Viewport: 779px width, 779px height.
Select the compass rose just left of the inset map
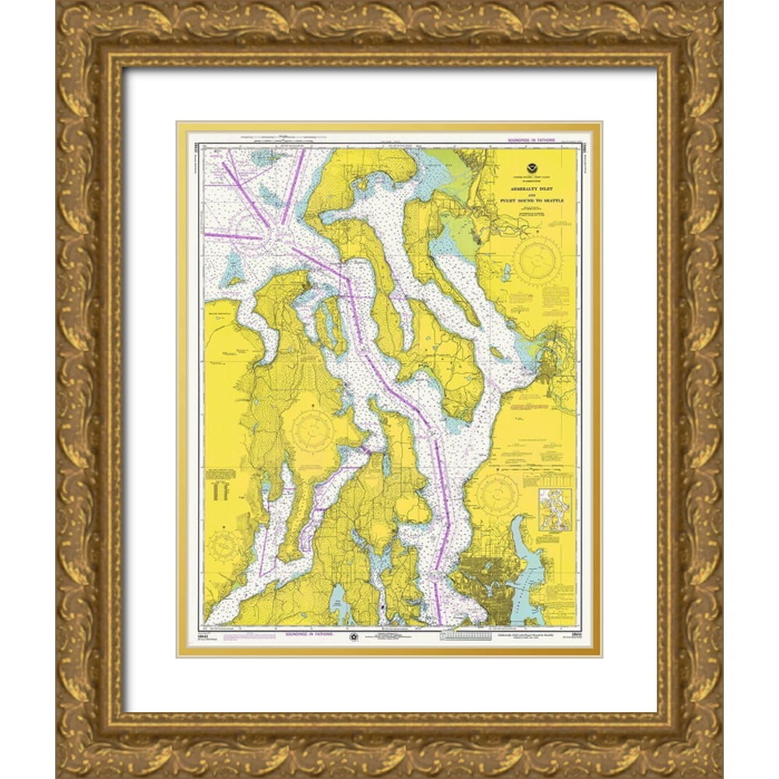click(498, 493)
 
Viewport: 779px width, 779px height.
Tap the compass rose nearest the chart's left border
click(223, 544)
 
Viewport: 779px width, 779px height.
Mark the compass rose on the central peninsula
click(312, 429)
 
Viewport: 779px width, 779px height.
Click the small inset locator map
click(555, 509)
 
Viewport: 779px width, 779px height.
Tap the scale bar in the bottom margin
click(466, 636)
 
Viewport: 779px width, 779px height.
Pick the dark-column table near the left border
click(221, 486)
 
